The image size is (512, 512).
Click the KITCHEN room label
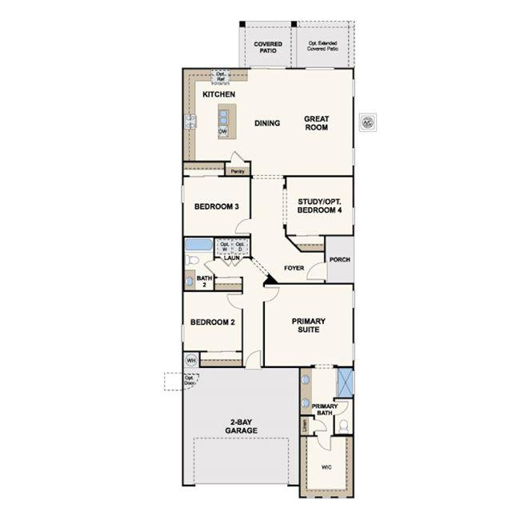(218, 95)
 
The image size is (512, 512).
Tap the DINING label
(267, 123)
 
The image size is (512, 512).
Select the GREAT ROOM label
(316, 124)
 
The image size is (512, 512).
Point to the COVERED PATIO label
(268, 46)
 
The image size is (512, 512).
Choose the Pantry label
(237, 171)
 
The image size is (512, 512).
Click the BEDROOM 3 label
(216, 206)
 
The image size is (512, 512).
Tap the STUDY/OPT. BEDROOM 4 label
(320, 206)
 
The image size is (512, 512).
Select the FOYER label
(294, 269)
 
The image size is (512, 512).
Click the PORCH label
(339, 260)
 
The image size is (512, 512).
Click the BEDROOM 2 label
(212, 323)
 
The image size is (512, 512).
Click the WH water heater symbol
(190, 359)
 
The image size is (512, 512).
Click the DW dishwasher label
(222, 132)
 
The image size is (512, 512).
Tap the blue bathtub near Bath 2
(198, 245)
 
